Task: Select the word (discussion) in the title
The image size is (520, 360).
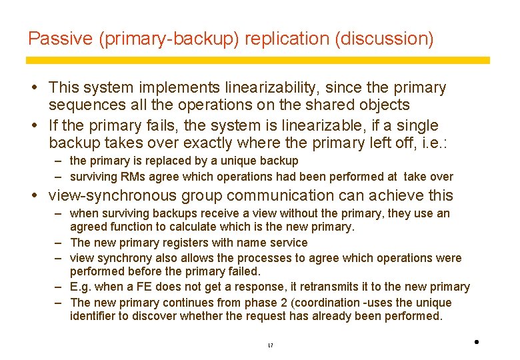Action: (x=386, y=39)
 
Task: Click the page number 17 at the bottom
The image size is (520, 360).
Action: (x=269, y=345)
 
